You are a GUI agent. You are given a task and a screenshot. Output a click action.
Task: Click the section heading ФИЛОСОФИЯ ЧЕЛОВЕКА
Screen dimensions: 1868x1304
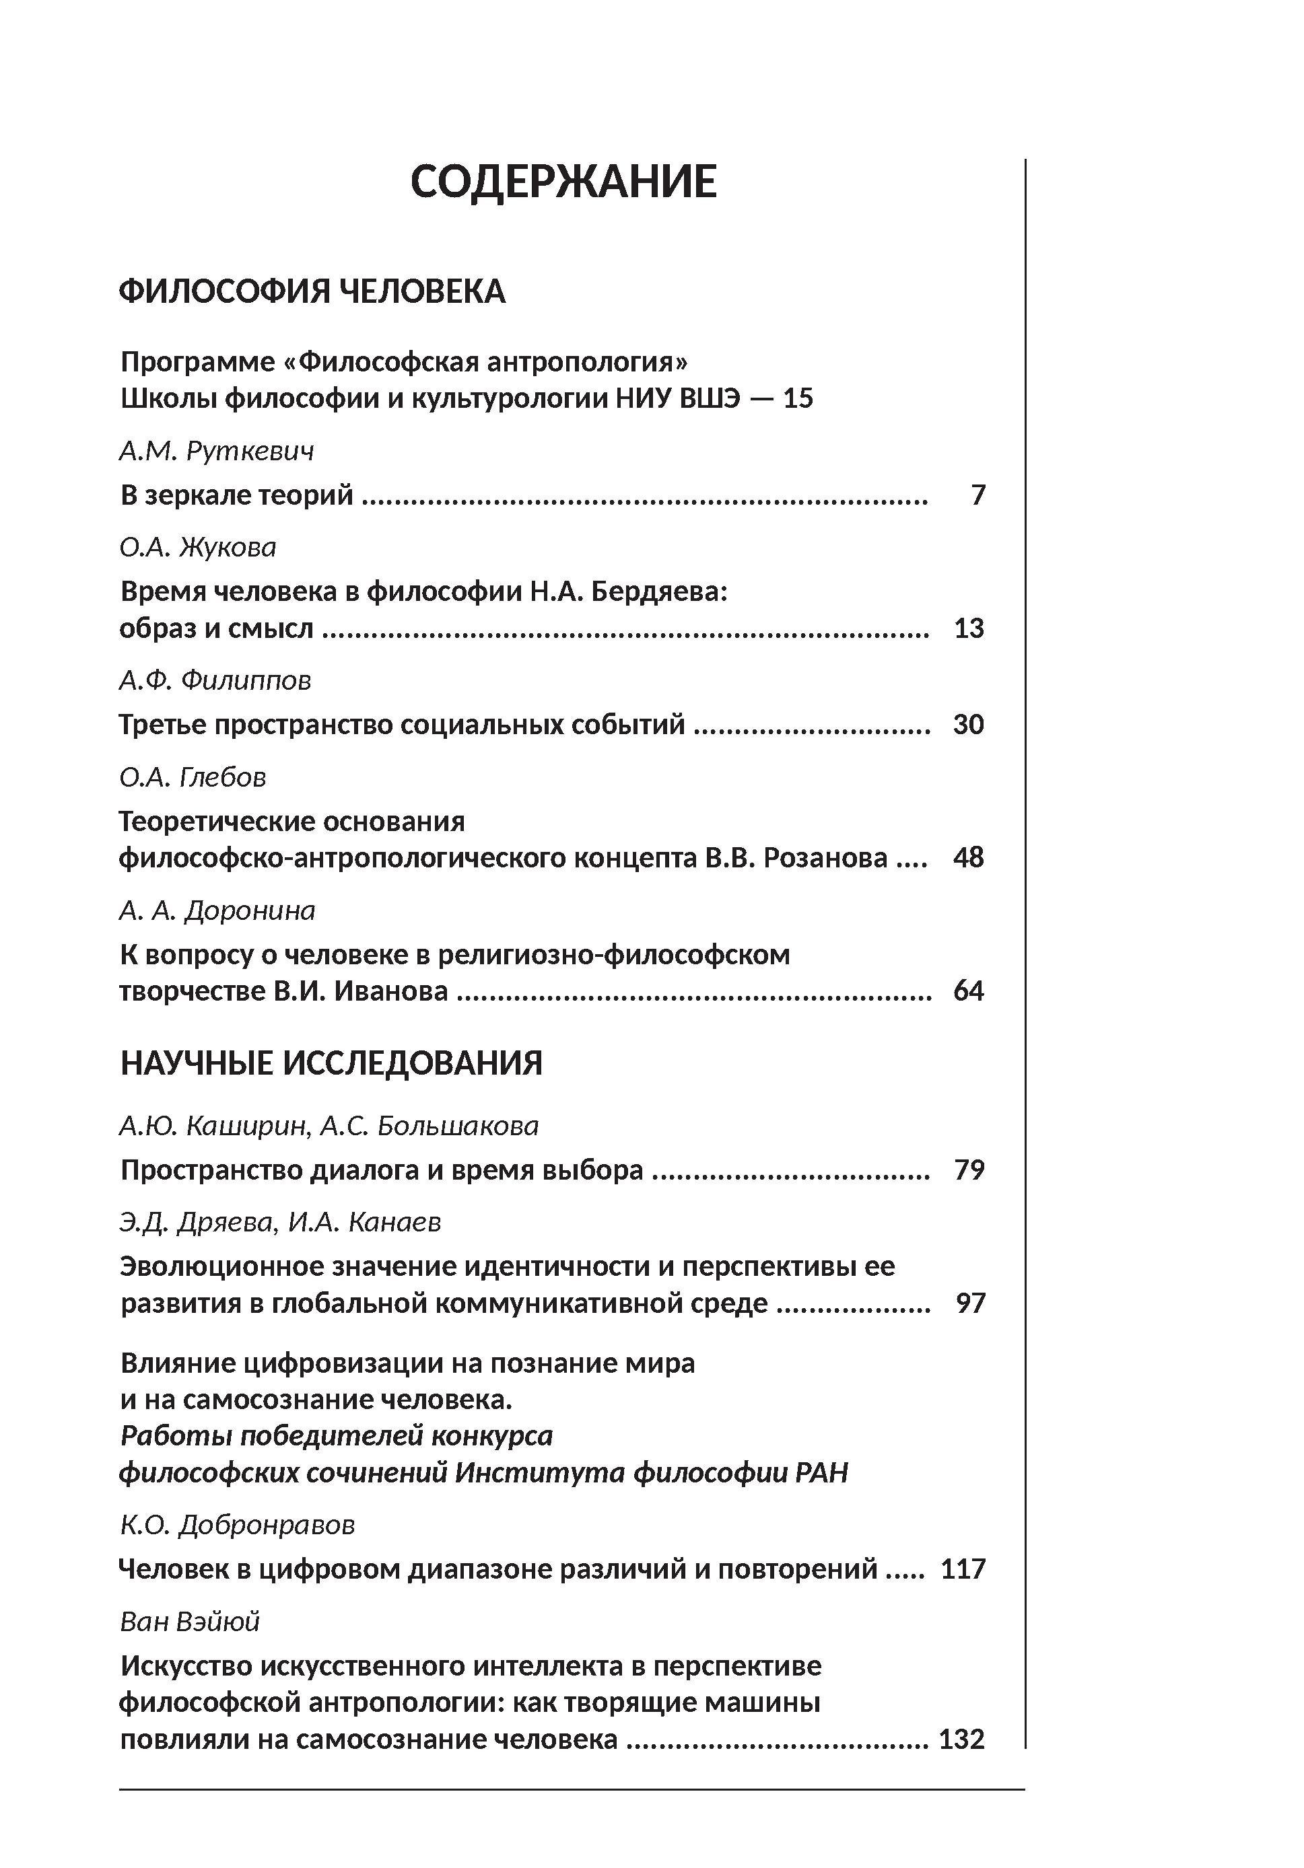[312, 291]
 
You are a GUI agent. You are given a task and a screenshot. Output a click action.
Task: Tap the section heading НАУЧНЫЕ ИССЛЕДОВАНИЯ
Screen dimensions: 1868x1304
[331, 1063]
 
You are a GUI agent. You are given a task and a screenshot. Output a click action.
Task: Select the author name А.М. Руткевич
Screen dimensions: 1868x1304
[217, 450]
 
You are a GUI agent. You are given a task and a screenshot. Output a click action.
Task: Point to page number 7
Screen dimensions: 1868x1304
[977, 495]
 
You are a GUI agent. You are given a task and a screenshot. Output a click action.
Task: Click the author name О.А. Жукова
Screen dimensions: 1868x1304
[198, 546]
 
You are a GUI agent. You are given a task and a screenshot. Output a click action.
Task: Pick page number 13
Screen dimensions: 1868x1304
[969, 628]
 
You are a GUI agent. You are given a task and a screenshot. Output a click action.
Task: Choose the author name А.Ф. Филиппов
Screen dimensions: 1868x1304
[215, 680]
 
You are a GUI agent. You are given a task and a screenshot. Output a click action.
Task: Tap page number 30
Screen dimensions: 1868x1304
[969, 724]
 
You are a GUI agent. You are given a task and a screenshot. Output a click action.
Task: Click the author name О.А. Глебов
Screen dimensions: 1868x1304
[193, 777]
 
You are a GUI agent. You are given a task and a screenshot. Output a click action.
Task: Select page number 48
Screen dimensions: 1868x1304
[969, 857]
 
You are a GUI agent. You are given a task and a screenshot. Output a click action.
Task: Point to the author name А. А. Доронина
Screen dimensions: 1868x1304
[217, 910]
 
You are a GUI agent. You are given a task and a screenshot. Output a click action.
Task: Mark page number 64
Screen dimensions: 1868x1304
[969, 991]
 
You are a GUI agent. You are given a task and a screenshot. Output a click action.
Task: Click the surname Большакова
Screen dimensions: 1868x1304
[458, 1126]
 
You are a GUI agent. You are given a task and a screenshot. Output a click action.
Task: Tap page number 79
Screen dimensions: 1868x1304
[969, 1170]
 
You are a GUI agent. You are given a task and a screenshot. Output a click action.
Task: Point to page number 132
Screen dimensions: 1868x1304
[962, 1739]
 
